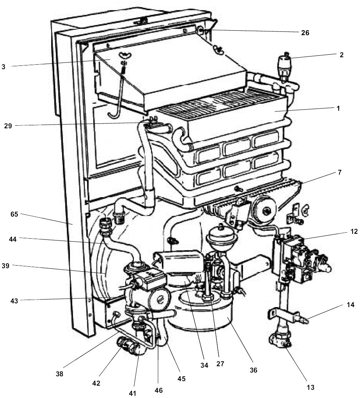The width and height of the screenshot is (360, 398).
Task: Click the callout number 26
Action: [305, 33]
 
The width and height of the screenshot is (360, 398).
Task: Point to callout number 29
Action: [8, 126]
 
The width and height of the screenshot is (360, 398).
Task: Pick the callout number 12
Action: [354, 231]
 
